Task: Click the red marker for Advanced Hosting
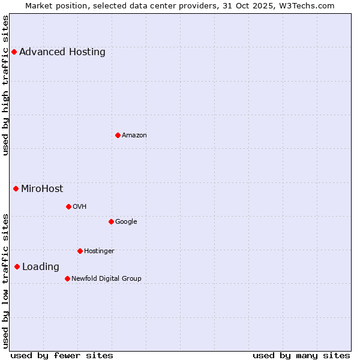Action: [x=14, y=52]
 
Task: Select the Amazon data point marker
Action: [x=118, y=135]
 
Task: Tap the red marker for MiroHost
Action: [x=16, y=188]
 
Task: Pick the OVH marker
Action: [x=68, y=206]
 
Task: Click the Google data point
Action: [x=111, y=221]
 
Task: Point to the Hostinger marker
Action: [x=80, y=251]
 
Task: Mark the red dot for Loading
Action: [x=17, y=266]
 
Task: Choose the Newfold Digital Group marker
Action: [x=67, y=278]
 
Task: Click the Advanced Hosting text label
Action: [x=62, y=52]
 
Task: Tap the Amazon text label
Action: [x=134, y=135]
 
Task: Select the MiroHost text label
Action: [x=42, y=188]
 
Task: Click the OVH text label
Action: [x=80, y=206]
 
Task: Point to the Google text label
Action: [x=126, y=221]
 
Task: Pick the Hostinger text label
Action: [x=99, y=251]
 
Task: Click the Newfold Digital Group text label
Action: [x=106, y=278]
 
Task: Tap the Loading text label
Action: [x=41, y=266]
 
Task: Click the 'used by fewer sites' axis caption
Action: [x=62, y=355]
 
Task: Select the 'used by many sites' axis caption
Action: [x=301, y=355]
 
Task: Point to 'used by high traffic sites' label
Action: [x=6, y=85]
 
